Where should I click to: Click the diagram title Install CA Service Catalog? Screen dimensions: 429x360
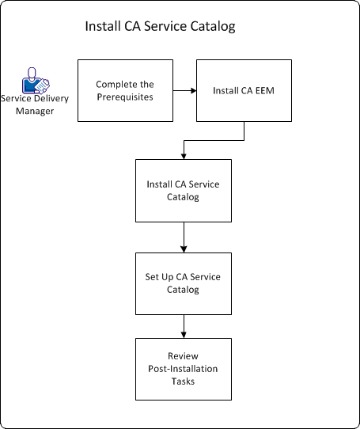pyautogui.click(x=160, y=27)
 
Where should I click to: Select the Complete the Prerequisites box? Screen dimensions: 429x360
pyautogui.click(x=123, y=89)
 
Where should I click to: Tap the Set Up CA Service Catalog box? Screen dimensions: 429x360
pyautogui.click(x=183, y=283)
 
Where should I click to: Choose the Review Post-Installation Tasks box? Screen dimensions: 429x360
pyautogui.click(x=183, y=368)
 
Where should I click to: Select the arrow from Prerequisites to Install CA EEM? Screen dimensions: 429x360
pyautogui.click(x=184, y=90)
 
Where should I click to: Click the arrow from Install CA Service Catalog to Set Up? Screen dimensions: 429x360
pyautogui.click(x=184, y=237)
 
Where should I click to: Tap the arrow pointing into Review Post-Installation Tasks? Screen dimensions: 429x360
pyautogui.click(x=184, y=326)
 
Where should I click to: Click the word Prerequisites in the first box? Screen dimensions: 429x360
pyautogui.click(x=124, y=96)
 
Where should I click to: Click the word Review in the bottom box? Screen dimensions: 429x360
pyautogui.click(x=183, y=357)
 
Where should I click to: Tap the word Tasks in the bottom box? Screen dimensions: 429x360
pyautogui.click(x=183, y=380)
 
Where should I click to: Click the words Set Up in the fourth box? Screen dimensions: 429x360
pyautogui.click(x=160, y=277)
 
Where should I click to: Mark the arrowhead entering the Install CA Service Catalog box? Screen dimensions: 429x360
pyautogui.click(x=184, y=155)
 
